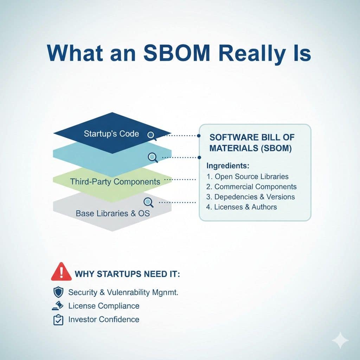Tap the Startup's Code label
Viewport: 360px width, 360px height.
click(111, 134)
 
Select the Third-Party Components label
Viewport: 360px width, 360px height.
click(115, 182)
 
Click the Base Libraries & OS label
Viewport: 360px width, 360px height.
click(112, 213)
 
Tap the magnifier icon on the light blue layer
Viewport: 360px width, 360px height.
click(153, 157)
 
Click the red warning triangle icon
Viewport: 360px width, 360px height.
click(61, 272)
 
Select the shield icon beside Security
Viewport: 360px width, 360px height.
click(58, 292)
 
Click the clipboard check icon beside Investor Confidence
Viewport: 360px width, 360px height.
click(58, 320)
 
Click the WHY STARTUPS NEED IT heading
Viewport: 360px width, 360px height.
click(127, 274)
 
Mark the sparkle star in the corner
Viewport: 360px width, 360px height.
click(340, 341)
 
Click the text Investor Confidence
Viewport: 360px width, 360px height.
click(104, 320)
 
